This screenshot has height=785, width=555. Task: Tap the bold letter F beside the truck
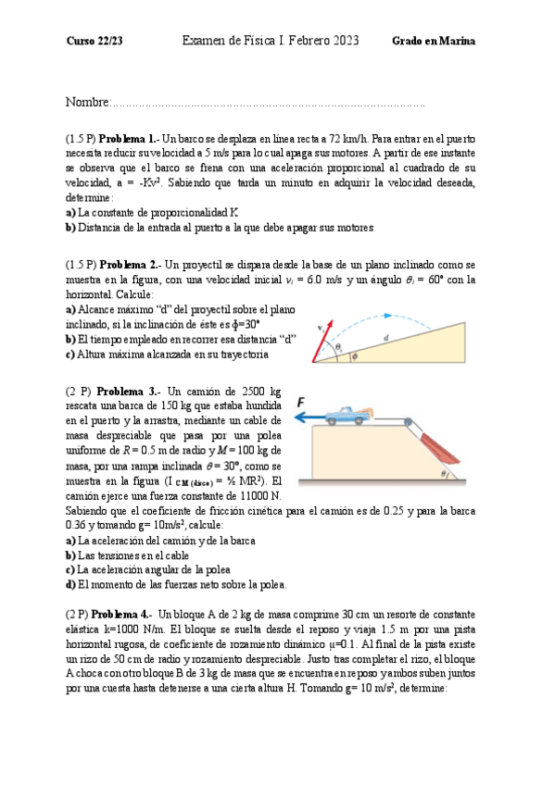click(302, 403)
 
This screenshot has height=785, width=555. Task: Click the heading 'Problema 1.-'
click(129, 138)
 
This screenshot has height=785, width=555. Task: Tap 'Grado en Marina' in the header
click(435, 42)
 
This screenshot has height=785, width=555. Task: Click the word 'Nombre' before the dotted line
click(87, 100)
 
